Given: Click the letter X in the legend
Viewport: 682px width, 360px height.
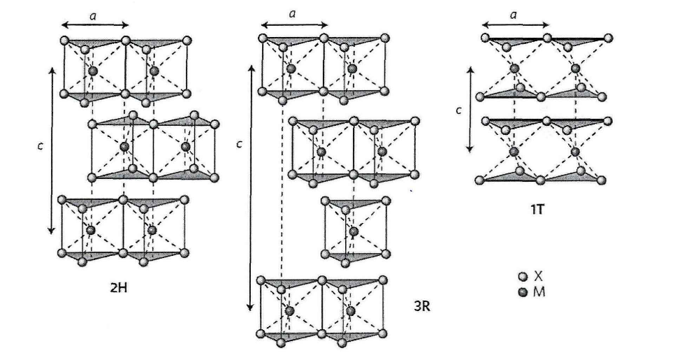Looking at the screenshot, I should pyautogui.click(x=538, y=276).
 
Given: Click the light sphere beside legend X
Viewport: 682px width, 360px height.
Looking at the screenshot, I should pyautogui.click(x=521, y=277).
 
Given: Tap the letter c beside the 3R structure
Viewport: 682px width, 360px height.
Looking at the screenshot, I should pyautogui.click(x=239, y=145).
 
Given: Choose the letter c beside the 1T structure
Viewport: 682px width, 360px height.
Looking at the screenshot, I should pyautogui.click(x=458, y=109).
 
